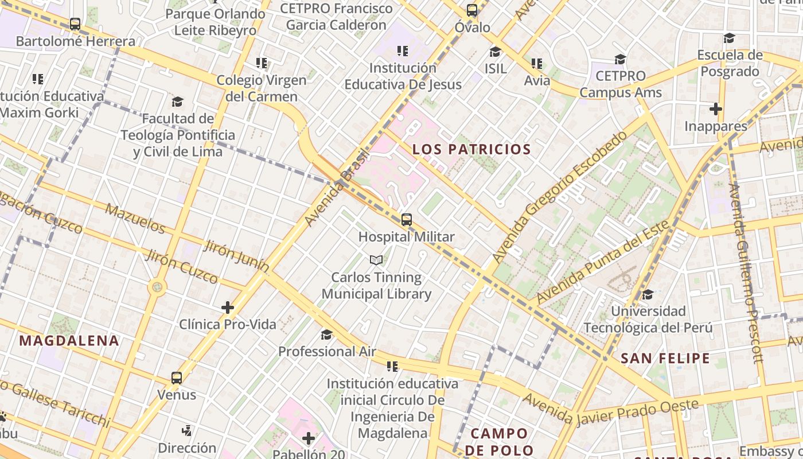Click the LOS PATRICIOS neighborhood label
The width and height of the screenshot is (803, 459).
tap(471, 150)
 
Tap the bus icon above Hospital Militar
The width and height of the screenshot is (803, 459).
tap(407, 219)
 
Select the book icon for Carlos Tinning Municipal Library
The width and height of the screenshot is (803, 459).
tap(376, 260)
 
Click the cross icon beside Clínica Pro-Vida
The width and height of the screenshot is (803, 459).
tap(228, 308)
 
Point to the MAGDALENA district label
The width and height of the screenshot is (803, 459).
tap(69, 341)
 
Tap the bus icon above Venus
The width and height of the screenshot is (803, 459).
tap(177, 378)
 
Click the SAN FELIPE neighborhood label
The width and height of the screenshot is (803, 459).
tap(665, 359)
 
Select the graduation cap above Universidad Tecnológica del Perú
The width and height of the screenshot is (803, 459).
tap(648, 295)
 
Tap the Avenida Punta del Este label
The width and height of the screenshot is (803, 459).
tap(602, 262)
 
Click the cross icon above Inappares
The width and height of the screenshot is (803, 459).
tap(715, 108)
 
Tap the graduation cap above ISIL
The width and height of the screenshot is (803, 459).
tap(495, 52)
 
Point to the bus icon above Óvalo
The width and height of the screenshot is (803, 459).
tap(472, 10)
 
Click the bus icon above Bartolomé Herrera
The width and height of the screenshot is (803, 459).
tap(75, 24)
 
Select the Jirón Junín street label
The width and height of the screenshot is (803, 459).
tap(236, 256)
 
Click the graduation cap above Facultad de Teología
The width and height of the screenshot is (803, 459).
tap(177, 102)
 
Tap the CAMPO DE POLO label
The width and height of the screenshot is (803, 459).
tap(499, 441)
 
